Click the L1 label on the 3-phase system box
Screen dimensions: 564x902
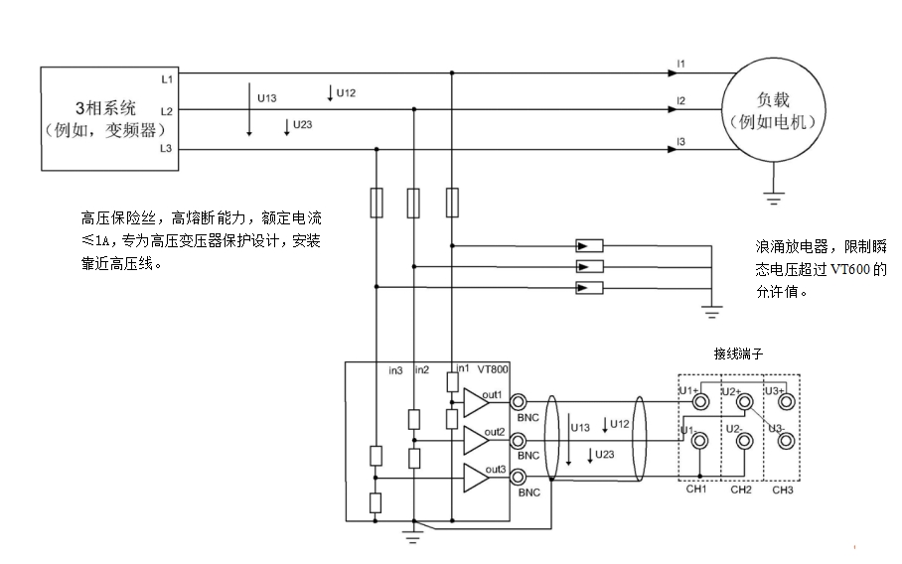(x=166, y=77)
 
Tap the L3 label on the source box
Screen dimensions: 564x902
(x=166, y=149)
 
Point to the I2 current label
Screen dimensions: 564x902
(x=680, y=101)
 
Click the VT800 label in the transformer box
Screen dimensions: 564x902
(x=493, y=369)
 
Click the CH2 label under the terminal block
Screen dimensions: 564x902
(x=740, y=490)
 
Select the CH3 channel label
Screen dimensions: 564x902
(x=783, y=490)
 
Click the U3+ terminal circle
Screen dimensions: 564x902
(x=786, y=403)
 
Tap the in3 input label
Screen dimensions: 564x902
(x=395, y=370)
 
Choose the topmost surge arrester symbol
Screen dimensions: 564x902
(x=589, y=245)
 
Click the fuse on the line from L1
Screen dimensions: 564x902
(x=452, y=203)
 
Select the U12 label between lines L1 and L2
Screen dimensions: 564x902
(x=345, y=93)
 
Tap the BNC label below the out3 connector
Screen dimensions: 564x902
(x=528, y=492)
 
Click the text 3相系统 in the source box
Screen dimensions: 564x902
(x=104, y=106)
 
